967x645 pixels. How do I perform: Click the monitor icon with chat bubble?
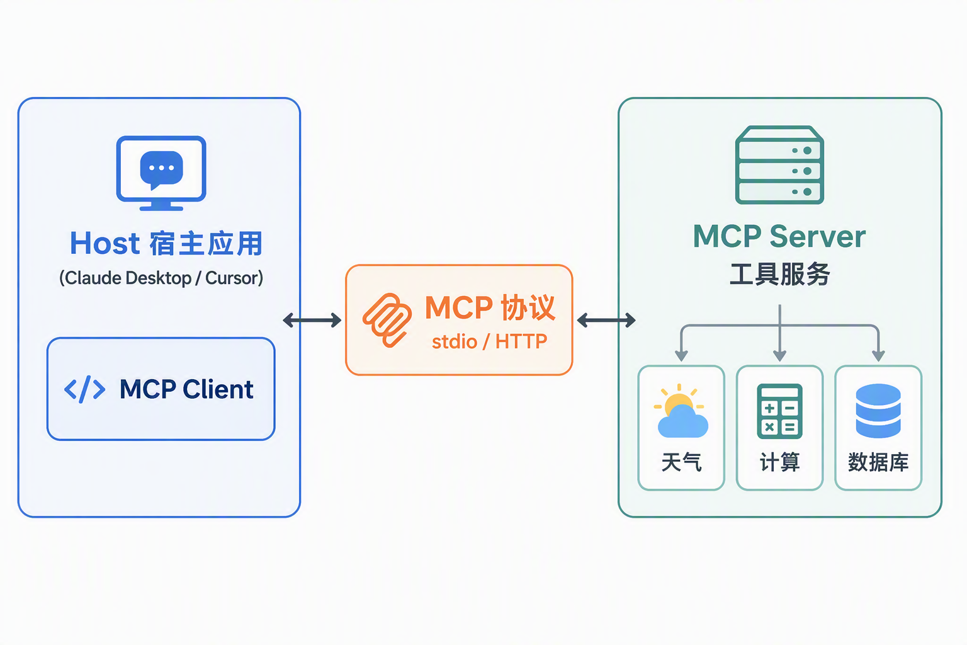[161, 173]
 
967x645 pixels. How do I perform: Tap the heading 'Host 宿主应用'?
[166, 243]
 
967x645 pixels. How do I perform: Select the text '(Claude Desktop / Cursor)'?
[161, 278]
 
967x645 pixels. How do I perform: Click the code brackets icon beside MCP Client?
[84, 389]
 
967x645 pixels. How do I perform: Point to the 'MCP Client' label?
[186, 389]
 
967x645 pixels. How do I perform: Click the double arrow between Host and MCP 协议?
[312, 320]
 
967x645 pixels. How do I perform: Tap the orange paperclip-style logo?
[387, 320]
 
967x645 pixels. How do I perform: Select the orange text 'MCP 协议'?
[490, 307]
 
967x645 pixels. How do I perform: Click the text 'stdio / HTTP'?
[490, 342]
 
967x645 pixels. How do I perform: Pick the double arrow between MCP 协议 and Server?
[606, 320]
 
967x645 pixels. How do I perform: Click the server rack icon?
[779, 164]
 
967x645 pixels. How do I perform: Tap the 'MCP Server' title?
[779, 236]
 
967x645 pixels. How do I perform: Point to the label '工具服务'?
[779, 274]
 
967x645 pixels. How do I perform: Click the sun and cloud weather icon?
[681, 411]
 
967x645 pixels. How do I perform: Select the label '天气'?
[681, 462]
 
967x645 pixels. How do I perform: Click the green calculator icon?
[779, 411]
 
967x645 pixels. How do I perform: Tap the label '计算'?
[779, 462]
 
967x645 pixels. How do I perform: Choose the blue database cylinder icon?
[878, 411]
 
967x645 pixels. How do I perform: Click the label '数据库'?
[878, 462]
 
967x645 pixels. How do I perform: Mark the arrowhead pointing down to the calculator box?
[779, 356]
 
